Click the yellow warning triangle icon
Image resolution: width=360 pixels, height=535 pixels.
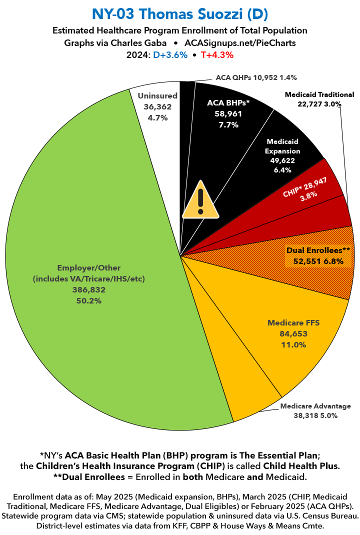tap(200, 200)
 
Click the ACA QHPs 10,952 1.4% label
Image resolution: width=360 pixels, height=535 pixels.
tap(256, 77)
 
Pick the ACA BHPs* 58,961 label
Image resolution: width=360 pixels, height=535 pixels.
tap(228, 114)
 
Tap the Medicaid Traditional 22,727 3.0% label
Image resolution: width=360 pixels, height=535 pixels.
tap(319, 99)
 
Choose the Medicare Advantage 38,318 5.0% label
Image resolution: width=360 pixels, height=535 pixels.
tap(315, 410)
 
